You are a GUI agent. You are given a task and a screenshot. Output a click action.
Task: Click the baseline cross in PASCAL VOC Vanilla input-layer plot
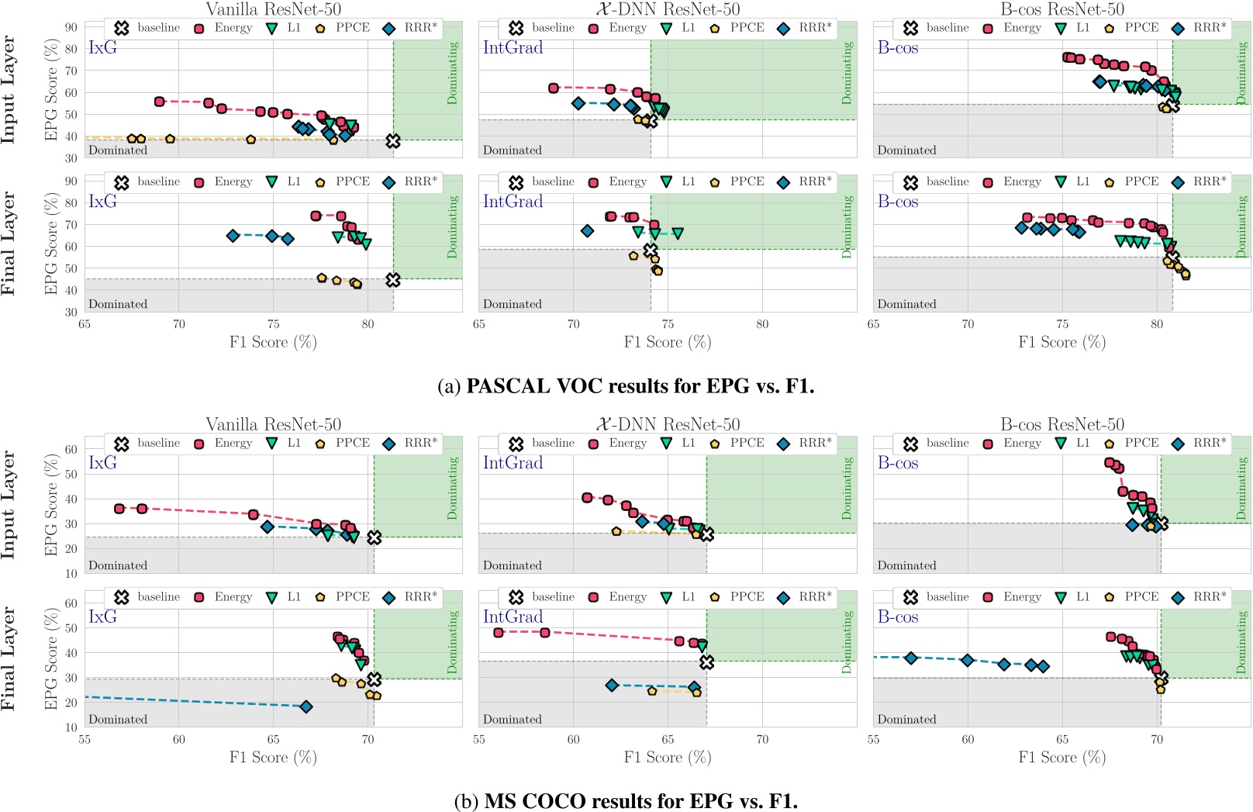pyautogui.click(x=393, y=141)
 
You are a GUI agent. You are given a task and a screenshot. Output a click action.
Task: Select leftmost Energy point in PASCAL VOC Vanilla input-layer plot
pyautogui.click(x=160, y=102)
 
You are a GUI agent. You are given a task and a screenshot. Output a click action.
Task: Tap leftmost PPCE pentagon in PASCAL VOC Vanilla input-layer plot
pyautogui.click(x=132, y=139)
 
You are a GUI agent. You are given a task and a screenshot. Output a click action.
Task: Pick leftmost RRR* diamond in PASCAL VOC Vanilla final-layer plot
pyautogui.click(x=233, y=236)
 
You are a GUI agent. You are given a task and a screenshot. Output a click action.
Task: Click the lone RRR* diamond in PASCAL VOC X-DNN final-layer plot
pyautogui.click(x=587, y=230)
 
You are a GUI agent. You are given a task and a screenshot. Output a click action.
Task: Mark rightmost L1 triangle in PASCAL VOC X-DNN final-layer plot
pyautogui.click(x=678, y=233)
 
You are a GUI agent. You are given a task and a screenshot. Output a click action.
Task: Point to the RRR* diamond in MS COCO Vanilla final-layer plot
pyautogui.click(x=306, y=707)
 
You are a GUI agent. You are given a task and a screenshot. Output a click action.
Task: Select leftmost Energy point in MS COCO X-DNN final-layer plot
pyautogui.click(x=499, y=633)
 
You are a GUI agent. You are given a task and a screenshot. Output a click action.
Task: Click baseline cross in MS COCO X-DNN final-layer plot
pyautogui.click(x=706, y=662)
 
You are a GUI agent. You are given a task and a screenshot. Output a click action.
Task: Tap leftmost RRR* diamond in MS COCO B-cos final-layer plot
pyautogui.click(x=911, y=658)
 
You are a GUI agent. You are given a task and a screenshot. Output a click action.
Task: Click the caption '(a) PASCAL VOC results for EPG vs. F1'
pyautogui.click(x=626, y=386)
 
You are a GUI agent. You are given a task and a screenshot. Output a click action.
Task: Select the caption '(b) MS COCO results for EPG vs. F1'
pyautogui.click(x=626, y=801)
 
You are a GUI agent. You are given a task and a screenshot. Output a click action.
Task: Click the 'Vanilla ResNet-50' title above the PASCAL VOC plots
pyautogui.click(x=273, y=9)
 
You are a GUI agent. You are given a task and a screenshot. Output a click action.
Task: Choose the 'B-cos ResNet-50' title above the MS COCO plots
pyautogui.click(x=1061, y=424)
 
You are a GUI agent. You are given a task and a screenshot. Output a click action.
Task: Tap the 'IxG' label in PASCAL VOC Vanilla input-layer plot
pyautogui.click(x=102, y=47)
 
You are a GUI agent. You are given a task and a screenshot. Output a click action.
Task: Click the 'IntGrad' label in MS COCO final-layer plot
pyautogui.click(x=513, y=617)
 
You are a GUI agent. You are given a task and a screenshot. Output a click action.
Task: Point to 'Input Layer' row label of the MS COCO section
pyautogui.click(x=9, y=504)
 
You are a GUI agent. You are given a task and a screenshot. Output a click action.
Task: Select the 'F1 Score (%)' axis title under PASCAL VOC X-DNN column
pyautogui.click(x=667, y=342)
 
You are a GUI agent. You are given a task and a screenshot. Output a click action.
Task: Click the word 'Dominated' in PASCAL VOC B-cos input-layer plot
pyautogui.click(x=906, y=150)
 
